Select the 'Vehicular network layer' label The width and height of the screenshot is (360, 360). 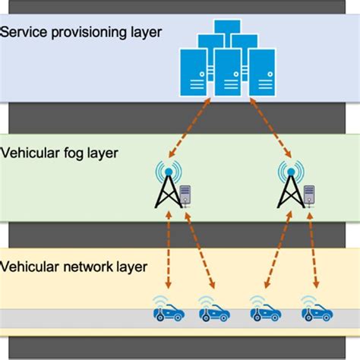point(74,267)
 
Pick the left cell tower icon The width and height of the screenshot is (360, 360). point(164,186)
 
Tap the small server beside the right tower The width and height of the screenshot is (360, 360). point(308,195)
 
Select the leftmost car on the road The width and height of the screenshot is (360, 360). point(165,309)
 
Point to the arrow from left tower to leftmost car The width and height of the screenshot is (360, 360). point(167,251)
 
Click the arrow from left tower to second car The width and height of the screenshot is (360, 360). point(195,251)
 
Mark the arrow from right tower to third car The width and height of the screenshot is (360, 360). point(272,251)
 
